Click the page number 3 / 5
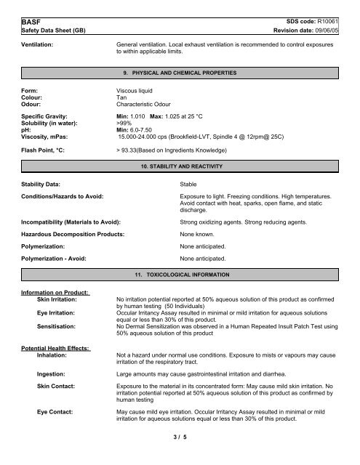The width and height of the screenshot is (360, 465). (x=180, y=457)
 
